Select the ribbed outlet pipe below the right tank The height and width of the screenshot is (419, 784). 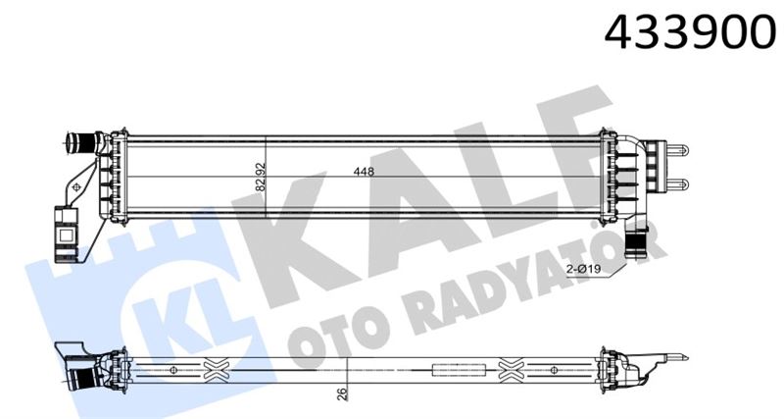(639, 238)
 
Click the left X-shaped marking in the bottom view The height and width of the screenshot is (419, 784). (216, 371)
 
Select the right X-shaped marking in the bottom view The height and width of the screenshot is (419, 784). (512, 371)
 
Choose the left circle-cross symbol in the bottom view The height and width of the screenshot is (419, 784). (173, 371)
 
